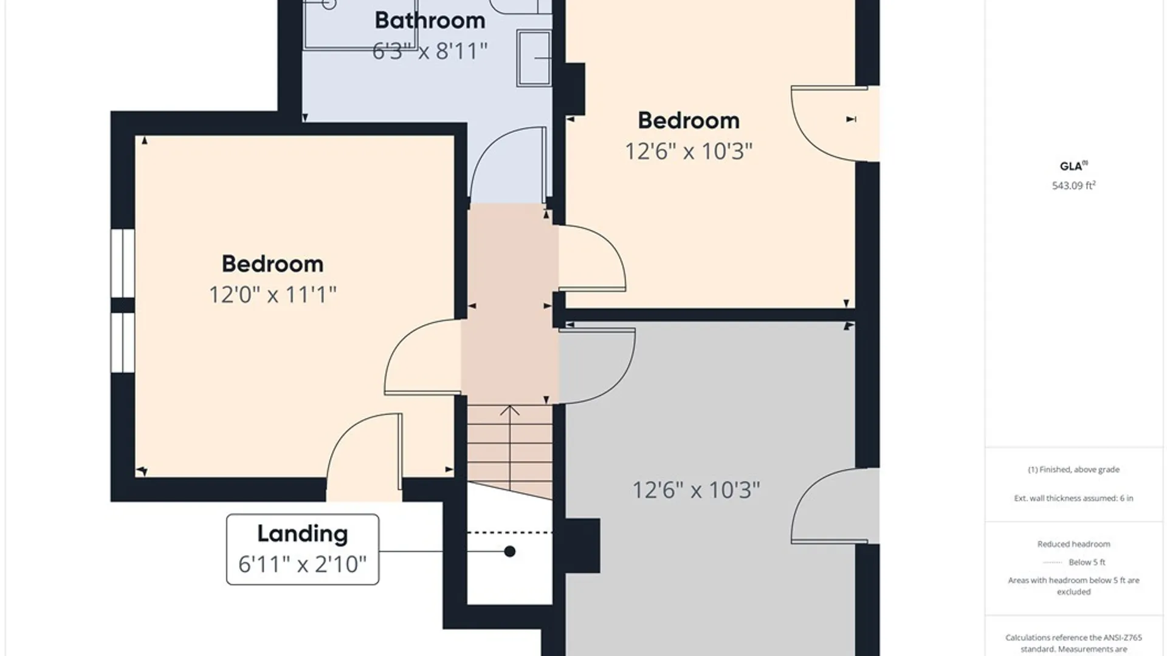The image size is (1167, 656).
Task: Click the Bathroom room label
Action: (430, 20)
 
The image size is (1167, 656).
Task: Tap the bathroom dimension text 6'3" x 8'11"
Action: (430, 51)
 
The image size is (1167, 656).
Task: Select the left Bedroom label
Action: (272, 264)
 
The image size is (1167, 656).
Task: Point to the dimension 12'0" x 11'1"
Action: (272, 295)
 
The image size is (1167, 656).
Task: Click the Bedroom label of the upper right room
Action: (689, 120)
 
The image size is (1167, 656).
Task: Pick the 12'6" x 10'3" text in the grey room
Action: (696, 490)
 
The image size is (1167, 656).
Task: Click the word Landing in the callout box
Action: (303, 534)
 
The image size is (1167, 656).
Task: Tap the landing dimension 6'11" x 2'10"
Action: (303, 564)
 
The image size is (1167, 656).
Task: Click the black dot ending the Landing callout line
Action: (510, 552)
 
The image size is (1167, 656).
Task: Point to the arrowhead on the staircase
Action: (510, 410)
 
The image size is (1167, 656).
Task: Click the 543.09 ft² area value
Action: (1073, 185)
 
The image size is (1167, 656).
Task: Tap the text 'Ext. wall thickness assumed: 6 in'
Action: (1073, 498)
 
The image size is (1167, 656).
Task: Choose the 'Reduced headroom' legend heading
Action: (1073, 544)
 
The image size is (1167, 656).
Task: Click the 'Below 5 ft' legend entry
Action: (1087, 562)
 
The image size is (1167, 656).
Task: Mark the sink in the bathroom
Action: (534, 58)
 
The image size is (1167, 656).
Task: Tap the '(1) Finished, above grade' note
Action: (1073, 470)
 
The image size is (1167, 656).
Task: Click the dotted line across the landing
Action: (510, 533)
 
